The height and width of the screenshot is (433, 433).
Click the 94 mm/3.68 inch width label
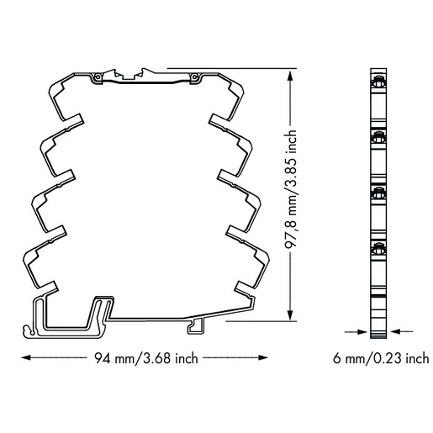coord(146,358)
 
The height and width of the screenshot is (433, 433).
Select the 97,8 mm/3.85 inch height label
coord(290,189)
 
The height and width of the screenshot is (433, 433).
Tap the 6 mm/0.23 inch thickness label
coord(381,358)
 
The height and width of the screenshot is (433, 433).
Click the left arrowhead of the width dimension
coord(26,357)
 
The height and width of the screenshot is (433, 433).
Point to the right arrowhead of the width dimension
coord(263,357)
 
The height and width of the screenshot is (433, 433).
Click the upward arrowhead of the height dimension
coord(290,75)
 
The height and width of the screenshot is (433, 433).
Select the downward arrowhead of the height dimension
coord(290,315)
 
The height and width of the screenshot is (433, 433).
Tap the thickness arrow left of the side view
coord(356,332)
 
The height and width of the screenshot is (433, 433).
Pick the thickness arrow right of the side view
coord(402,332)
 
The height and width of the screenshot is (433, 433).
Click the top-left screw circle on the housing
coord(98,77)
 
